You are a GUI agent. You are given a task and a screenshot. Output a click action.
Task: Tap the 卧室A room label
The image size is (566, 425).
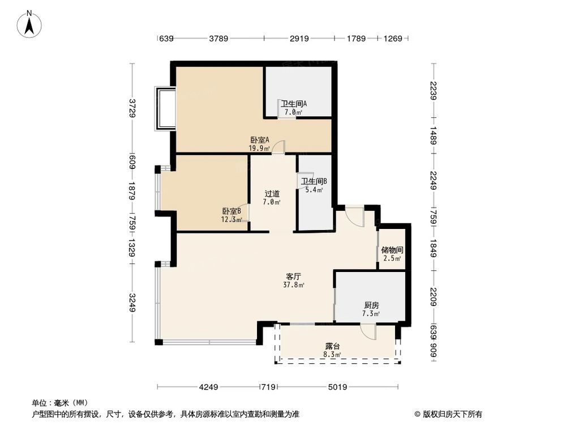(x=260, y=140)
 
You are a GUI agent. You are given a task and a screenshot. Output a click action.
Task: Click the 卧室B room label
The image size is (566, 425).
(x=231, y=211)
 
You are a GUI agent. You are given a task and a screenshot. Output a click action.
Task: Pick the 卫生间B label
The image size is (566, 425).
(x=314, y=181)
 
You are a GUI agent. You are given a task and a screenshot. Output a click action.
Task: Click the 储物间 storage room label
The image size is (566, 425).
(x=392, y=249)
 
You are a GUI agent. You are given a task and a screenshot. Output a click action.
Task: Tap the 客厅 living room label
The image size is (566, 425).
(x=293, y=277)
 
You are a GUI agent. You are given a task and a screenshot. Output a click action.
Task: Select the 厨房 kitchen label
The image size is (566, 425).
(x=371, y=305)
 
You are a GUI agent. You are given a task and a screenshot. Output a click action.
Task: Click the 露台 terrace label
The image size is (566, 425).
(x=332, y=346)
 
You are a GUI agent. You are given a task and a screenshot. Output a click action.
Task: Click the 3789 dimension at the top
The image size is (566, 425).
(x=218, y=39)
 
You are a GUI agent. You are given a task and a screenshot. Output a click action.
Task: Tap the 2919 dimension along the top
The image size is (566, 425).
(x=299, y=39)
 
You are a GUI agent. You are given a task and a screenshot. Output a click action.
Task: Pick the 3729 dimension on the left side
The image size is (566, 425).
(x=132, y=108)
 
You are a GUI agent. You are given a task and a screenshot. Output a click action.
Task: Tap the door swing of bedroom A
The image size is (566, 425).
(x=278, y=147)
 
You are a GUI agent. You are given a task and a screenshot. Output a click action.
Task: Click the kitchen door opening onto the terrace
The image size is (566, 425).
(x=368, y=331)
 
